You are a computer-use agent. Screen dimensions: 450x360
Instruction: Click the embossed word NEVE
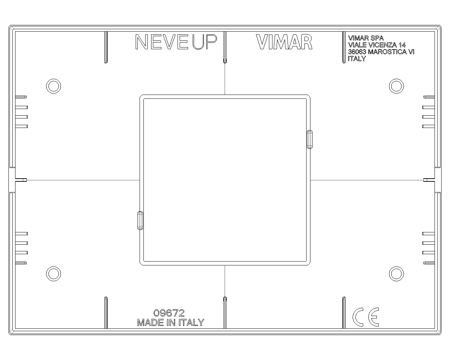coord(162,42)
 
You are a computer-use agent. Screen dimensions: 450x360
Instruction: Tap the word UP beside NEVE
coord(205,42)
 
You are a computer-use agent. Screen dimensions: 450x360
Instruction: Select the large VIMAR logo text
coord(284,42)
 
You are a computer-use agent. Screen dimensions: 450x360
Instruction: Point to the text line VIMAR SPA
coord(366,38)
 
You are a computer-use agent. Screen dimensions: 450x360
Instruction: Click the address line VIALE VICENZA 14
coord(377,45)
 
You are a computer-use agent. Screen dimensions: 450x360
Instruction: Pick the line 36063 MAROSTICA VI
coord(381,52)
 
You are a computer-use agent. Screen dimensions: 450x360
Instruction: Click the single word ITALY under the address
coord(357,59)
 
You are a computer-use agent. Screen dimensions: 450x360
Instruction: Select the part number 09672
coord(169,313)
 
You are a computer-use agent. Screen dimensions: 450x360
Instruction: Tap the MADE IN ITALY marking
coord(171,322)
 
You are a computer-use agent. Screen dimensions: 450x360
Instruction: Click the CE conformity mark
coord(366,317)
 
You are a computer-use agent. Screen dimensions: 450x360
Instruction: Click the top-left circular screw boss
coord(53,86)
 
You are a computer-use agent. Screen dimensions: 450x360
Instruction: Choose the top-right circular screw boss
coord(397,86)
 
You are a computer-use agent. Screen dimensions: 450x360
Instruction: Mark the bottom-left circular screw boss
coord(53,274)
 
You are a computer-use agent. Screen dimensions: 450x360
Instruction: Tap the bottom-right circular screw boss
coord(397,274)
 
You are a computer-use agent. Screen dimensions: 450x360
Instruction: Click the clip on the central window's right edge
coord(310,140)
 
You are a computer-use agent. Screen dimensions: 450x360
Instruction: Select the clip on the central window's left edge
coord(140,220)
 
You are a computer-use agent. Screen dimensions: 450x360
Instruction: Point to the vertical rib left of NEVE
coord(106,47)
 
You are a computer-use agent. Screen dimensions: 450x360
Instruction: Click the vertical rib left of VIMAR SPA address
coord(344,47)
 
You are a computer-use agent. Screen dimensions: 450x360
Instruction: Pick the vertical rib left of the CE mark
coord(344,313)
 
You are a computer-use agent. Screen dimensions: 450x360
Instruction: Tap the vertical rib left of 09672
coord(106,313)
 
